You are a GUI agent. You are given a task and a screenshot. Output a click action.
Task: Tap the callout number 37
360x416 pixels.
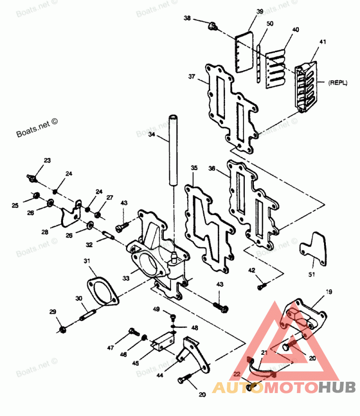(x=192, y=77)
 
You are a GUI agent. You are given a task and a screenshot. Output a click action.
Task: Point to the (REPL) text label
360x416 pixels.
(x=338, y=83)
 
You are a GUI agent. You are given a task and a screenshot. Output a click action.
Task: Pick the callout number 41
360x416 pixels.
(x=323, y=42)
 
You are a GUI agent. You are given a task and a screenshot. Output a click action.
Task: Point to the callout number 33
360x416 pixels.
(x=126, y=279)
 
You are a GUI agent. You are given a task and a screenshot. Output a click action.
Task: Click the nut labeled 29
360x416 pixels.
(x=63, y=329)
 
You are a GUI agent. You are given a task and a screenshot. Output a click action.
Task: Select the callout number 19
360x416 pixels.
(x=329, y=292)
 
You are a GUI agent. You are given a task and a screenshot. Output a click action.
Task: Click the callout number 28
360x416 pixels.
(x=45, y=232)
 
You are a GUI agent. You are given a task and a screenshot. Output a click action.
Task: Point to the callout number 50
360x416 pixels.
(x=270, y=23)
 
